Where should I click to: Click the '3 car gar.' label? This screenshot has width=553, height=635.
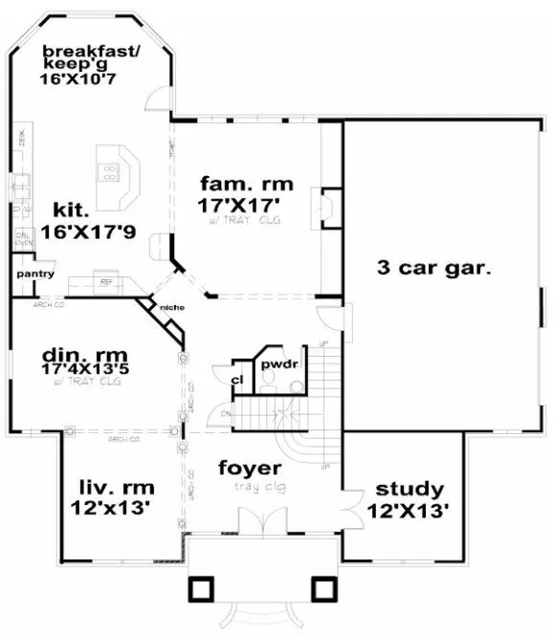[x=435, y=270]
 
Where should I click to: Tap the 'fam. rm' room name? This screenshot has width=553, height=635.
[x=246, y=183]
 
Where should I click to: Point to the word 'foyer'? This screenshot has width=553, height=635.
[x=250, y=469]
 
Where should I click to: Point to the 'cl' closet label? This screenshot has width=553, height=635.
[x=237, y=380]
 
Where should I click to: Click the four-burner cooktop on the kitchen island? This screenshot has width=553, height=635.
[x=111, y=172]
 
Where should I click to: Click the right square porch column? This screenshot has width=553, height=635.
[x=323, y=586]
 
